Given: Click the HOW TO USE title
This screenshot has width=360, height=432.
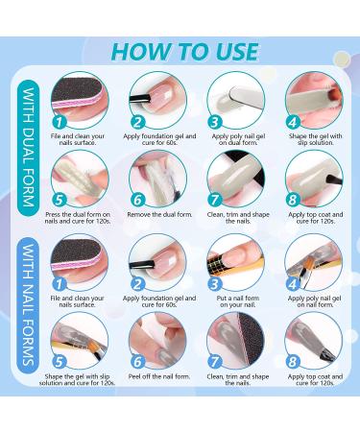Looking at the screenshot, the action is [x=185, y=52].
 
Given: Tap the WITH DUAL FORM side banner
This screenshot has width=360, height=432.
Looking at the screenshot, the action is [x=29, y=148].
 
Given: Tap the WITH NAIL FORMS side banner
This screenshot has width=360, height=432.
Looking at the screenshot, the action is [x=29, y=305].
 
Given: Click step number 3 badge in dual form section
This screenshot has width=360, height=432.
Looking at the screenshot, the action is [x=215, y=122].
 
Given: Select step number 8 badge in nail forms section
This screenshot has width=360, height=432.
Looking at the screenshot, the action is [x=293, y=362].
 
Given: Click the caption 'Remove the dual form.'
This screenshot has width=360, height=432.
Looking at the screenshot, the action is [x=159, y=214].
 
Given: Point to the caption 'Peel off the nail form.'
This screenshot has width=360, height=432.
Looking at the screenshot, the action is [x=159, y=376].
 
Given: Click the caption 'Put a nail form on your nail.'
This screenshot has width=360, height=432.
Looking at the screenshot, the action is [x=238, y=301].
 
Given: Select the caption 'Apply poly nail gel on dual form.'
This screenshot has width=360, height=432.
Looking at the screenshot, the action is [x=238, y=139].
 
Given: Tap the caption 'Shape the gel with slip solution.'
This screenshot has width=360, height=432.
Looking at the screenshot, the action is [x=316, y=139].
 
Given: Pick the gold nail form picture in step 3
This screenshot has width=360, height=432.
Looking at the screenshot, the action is [x=235, y=262].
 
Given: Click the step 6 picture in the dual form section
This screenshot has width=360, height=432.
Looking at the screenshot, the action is [x=157, y=179].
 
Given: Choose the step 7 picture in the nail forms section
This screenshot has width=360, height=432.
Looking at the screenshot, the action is [x=235, y=341].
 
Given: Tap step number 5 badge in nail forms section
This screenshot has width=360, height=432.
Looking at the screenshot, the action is [x=60, y=362].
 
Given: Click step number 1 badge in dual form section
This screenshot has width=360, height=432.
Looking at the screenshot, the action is [x=60, y=122].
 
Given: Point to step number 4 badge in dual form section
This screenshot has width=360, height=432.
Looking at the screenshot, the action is [x=293, y=122].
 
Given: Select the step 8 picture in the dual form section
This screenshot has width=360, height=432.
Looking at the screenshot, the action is [x=314, y=179].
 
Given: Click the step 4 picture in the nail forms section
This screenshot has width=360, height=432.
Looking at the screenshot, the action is [x=313, y=262].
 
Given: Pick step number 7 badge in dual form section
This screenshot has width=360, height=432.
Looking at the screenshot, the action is [x=215, y=200].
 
